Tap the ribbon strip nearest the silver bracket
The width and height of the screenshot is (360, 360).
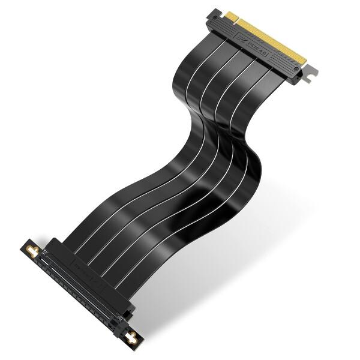point(252,96)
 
